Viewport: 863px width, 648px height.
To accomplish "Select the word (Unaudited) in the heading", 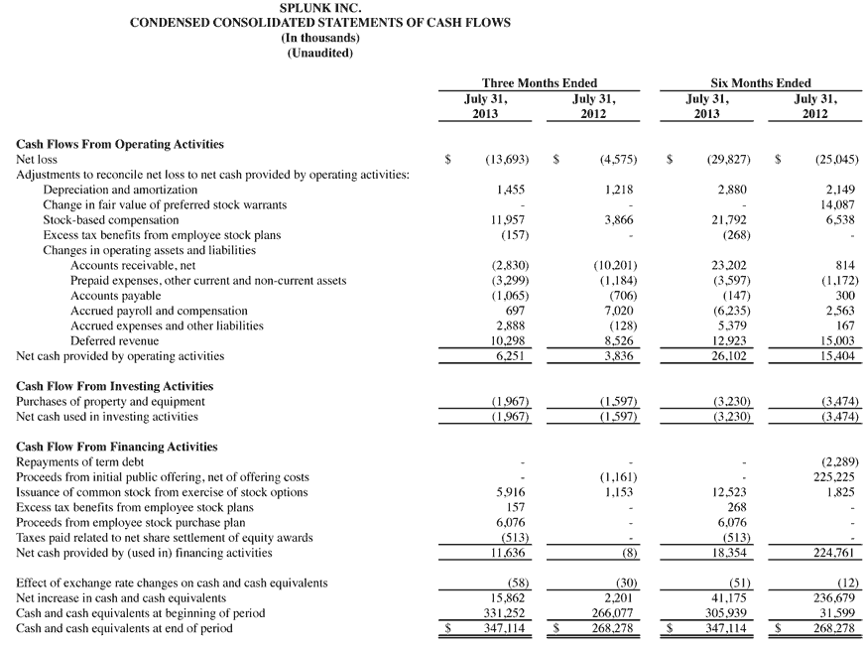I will point(319,54).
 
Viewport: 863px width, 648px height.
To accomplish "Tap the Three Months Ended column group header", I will point(539,83).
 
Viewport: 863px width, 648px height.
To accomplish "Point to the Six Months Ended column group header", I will point(761,83).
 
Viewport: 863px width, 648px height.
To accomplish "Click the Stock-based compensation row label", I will point(111,220).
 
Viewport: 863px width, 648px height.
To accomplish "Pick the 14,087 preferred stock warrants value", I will point(838,204).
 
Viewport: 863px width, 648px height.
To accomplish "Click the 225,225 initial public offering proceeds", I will point(836,477).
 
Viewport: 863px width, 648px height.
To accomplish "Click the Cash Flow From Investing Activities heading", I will point(115,386).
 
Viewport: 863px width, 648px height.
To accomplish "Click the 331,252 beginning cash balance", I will point(508,613).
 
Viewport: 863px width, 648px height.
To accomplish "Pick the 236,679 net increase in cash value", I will point(836,598).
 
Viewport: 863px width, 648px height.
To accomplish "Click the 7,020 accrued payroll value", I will point(618,311).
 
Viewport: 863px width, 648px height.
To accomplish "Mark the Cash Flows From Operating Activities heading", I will point(120,144).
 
